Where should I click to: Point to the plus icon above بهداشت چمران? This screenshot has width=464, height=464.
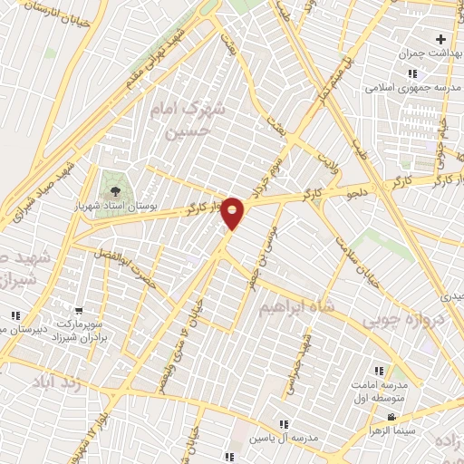tap(441, 39)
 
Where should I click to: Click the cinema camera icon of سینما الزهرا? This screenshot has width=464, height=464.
tap(391, 417)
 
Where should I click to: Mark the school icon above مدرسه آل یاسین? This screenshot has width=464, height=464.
tap(284, 423)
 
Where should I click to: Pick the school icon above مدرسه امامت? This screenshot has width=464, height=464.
tap(379, 371)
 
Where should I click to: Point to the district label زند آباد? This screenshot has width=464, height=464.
tap(57, 382)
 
